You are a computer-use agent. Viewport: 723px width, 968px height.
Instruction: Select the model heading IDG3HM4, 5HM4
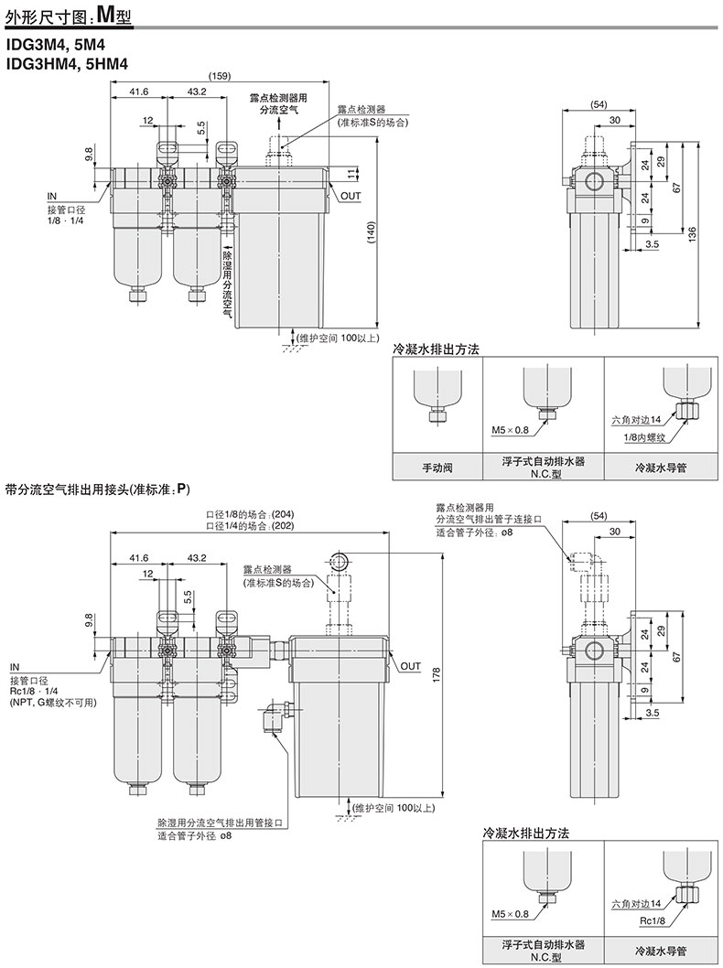coord(68,63)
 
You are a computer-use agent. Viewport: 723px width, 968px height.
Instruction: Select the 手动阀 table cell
coord(437,467)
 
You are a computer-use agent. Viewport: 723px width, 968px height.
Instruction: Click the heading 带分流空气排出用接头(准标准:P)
coord(98,489)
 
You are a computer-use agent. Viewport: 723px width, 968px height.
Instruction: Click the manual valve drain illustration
coord(437,393)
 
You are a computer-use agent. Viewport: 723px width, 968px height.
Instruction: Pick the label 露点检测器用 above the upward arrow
coord(279,96)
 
